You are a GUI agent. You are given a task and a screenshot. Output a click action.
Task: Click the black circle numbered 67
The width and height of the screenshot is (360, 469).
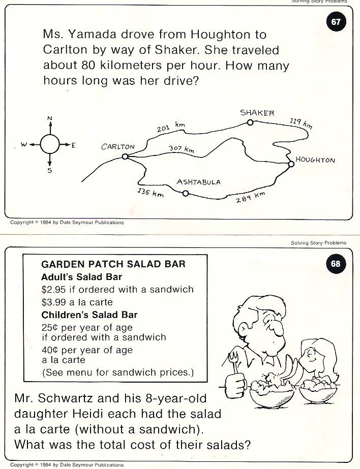[x=336, y=22]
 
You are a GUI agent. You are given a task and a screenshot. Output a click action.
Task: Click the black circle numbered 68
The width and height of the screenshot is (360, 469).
[x=336, y=263]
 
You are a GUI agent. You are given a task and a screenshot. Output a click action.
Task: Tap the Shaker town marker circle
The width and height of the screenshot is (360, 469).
[x=250, y=122]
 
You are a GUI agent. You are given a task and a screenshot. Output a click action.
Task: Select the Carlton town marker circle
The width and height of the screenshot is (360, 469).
[x=125, y=157]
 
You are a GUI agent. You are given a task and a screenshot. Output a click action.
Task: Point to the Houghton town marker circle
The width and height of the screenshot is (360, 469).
[x=291, y=164]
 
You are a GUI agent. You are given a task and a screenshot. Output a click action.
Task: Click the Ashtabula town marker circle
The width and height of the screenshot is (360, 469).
[x=186, y=193]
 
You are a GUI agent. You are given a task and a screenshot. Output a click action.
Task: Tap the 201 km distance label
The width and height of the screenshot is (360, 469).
[x=170, y=128]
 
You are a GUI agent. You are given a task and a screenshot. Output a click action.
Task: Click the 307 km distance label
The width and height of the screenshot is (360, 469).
[x=182, y=149]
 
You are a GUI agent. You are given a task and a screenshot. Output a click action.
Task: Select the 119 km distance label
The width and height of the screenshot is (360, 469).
[x=301, y=122]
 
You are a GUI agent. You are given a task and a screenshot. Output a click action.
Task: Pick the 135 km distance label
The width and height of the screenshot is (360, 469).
[x=151, y=193]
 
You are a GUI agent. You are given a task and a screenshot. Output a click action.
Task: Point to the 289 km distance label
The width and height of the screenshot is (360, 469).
[x=251, y=198]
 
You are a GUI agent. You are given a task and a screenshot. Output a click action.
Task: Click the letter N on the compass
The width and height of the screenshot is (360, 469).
[x=50, y=119]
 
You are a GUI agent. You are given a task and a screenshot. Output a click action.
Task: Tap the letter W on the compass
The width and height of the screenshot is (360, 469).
[x=23, y=145]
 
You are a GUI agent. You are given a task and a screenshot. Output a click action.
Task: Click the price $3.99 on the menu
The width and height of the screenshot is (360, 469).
[x=53, y=302]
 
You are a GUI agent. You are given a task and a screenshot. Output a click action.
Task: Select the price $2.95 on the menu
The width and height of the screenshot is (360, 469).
[x=53, y=290]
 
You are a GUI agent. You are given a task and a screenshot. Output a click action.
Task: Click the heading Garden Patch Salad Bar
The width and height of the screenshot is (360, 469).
[x=113, y=264]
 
